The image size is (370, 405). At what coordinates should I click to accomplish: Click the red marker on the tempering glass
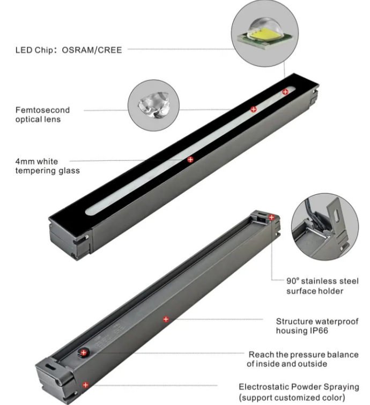190,159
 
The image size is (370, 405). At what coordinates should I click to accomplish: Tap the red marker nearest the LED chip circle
285,92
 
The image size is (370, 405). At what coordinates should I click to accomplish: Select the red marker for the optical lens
254,109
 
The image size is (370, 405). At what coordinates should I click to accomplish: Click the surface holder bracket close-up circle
325,226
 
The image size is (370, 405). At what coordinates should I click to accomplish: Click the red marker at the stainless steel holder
271,217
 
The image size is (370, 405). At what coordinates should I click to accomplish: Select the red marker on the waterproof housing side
166,319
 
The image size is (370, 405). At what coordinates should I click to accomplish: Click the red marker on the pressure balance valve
84,352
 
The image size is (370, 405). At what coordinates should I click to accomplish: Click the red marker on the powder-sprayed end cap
85,385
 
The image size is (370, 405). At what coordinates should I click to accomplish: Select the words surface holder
314,291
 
